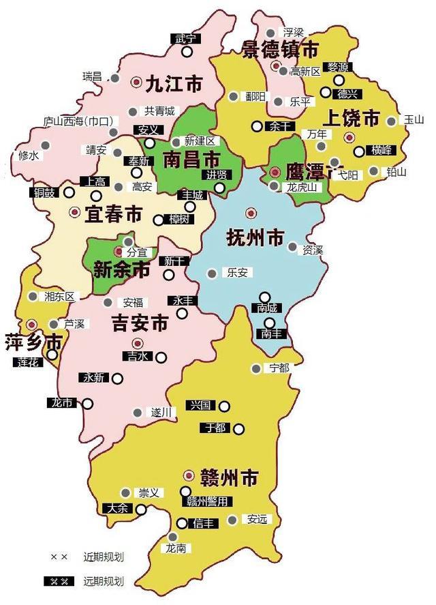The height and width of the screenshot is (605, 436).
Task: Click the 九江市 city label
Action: tap(174, 84)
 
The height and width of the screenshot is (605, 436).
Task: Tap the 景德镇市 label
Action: tap(280, 48)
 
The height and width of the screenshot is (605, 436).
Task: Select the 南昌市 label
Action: tap(191, 160)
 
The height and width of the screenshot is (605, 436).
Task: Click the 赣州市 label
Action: tap(230, 477)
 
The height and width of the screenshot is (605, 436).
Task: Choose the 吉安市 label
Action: tap(139, 323)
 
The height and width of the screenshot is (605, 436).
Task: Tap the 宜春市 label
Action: tap(113, 215)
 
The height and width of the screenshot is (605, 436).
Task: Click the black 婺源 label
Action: tap(338, 67)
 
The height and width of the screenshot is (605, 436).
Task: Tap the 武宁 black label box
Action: tap(185, 38)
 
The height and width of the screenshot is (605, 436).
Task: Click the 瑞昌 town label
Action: tap(91, 75)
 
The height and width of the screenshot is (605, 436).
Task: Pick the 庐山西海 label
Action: tap(77, 122)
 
